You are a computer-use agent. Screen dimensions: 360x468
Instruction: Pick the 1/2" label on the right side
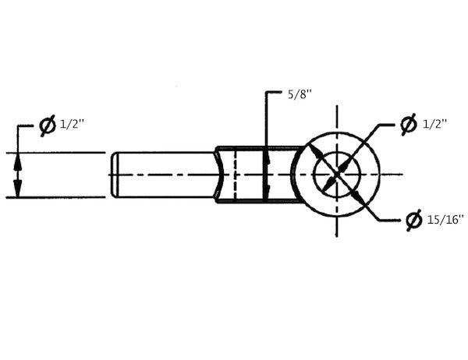pyautogui.click(x=434, y=123)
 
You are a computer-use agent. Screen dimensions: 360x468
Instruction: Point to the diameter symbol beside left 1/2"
pyautogui.click(x=48, y=125)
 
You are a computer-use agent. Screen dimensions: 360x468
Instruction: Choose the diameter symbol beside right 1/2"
pyautogui.click(x=408, y=123)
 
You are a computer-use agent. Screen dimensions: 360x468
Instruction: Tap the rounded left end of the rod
pyautogui.click(x=114, y=175)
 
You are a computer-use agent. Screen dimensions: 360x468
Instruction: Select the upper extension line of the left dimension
pyautogui.click(x=55, y=153)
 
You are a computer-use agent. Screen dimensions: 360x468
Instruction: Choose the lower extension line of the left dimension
pyautogui.click(x=55, y=198)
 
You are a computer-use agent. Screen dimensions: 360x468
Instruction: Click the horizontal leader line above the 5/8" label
pyautogui.click(x=273, y=94)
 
